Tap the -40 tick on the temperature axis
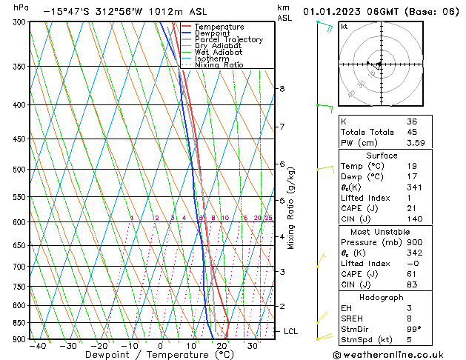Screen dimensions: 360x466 tap(38, 346)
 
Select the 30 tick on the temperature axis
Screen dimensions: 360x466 tap(252, 346)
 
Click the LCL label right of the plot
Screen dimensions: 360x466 tap(290, 331)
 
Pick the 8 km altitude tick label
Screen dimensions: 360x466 tap(282, 89)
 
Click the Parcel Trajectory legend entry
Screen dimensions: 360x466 tap(228, 39)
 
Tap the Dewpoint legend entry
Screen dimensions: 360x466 tap(213, 33)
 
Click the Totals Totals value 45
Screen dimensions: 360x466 tap(413, 133)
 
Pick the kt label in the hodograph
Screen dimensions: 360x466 tap(344, 26)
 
